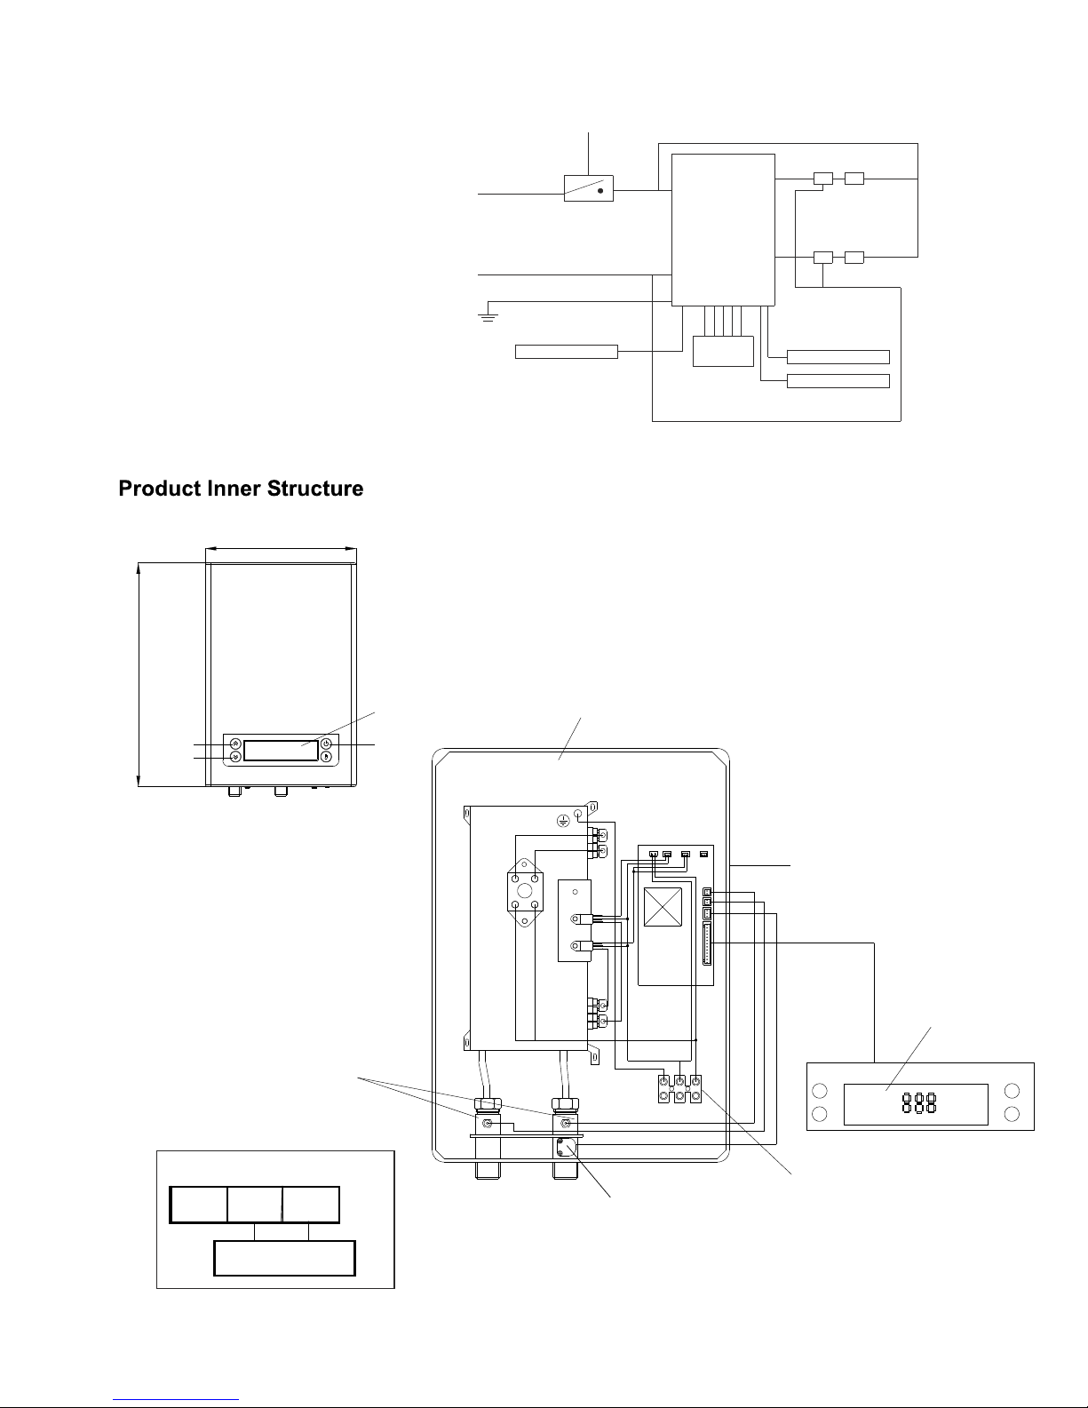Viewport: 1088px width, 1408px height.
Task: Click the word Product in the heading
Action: tap(160, 488)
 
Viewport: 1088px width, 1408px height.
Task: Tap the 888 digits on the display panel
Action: tap(919, 1102)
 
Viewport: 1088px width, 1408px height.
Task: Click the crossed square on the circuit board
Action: tap(663, 906)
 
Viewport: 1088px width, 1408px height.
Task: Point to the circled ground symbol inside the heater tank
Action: tap(563, 821)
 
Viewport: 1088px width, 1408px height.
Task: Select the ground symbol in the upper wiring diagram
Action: tap(488, 317)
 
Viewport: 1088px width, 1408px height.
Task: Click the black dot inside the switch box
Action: tap(600, 190)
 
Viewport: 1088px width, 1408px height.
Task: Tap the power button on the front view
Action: tap(327, 744)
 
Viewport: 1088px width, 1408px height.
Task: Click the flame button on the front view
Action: tap(327, 756)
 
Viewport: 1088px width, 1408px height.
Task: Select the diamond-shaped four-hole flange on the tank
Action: tap(525, 892)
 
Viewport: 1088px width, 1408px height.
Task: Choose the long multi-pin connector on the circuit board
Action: tap(707, 944)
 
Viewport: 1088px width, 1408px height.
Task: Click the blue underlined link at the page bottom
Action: tap(176, 1399)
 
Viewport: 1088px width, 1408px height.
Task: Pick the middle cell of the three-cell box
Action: tap(255, 1205)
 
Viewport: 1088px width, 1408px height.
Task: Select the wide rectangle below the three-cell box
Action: tap(284, 1258)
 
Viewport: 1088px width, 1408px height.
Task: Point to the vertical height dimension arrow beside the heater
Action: tap(139, 674)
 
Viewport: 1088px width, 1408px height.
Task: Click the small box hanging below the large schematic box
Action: tap(723, 351)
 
